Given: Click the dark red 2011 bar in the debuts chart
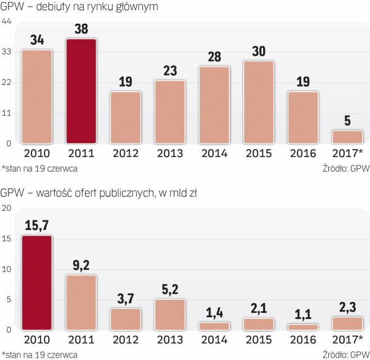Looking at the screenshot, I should [x=81, y=90].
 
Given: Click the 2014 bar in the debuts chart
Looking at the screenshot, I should [x=214, y=105].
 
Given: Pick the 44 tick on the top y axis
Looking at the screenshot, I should [x=7, y=21].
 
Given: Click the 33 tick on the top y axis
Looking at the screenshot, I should [x=7, y=52].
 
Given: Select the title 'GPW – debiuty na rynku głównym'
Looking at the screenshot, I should [x=79, y=7].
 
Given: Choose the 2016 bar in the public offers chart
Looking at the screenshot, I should [x=303, y=327].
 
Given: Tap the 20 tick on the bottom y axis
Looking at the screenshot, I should [x=7, y=208].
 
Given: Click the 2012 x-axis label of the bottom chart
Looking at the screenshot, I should [x=125, y=340].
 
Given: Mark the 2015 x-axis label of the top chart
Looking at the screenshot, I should [x=258, y=154].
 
